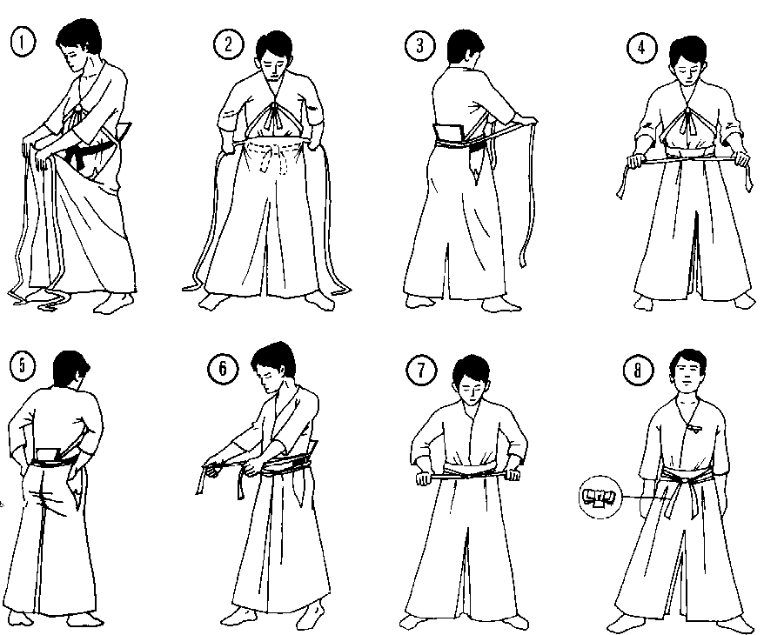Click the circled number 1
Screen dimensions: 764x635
pos(23,42)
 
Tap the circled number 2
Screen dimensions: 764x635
pos(228,44)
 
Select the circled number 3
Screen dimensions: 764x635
pos(419,45)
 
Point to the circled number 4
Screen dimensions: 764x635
pos(641,48)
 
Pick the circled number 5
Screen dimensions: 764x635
pos(22,364)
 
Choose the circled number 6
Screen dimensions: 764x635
pos(223,368)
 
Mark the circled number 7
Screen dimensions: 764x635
pos(421,370)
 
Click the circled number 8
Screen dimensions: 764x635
pos(637,371)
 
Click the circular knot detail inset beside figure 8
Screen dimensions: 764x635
pos(600,498)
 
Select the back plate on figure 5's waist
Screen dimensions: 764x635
pos(48,455)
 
